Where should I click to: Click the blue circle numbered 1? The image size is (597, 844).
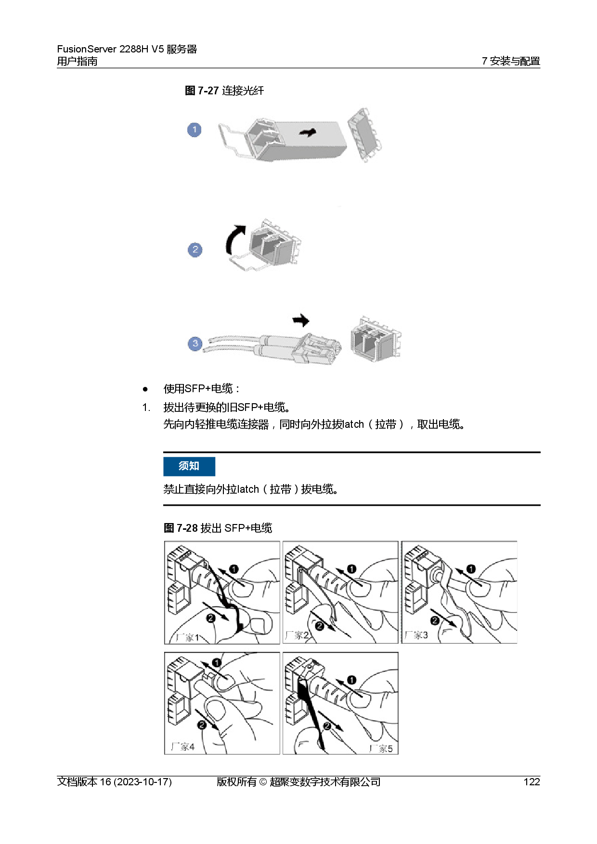point(194,130)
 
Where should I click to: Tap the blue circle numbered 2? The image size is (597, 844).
point(195,250)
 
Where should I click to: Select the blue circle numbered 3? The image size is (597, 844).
point(195,344)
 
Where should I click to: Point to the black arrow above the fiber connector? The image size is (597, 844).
point(301,320)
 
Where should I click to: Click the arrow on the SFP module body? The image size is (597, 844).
point(308,132)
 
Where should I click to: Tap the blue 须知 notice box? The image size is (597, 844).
point(189,466)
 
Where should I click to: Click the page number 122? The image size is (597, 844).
point(532,782)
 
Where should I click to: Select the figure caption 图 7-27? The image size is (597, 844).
point(202,90)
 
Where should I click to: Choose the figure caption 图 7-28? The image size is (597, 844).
point(181,528)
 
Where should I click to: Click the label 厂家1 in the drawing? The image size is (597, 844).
point(187,638)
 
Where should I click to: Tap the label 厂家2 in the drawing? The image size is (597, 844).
point(297,635)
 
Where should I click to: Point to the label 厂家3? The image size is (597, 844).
point(416,635)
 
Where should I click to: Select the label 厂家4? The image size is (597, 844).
point(183,747)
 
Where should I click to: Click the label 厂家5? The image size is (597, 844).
point(381,748)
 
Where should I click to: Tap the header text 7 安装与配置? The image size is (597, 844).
point(511,61)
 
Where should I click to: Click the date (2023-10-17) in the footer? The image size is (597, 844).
point(143,782)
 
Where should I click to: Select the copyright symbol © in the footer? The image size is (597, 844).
point(263,782)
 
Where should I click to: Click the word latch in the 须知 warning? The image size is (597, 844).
point(248,489)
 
